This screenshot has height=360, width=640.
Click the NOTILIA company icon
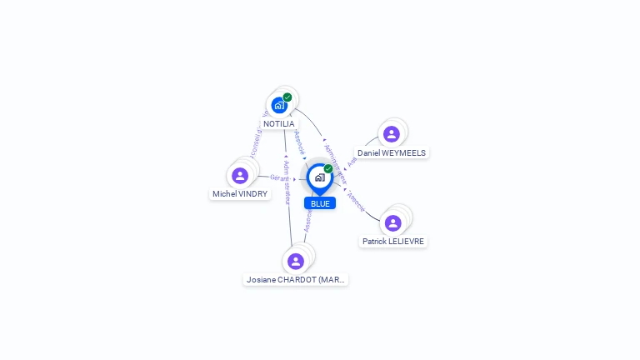(279, 105)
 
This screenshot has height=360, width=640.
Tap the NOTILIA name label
(278, 123)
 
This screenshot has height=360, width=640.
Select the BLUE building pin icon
(319, 177)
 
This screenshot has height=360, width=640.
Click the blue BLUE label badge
(320, 203)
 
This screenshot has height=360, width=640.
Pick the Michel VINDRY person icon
(240, 176)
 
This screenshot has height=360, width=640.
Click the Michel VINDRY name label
(240, 194)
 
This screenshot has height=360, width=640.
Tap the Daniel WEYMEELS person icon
(391, 134)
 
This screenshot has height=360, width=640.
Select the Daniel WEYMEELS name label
(392, 153)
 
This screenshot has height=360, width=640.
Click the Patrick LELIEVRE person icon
(392, 222)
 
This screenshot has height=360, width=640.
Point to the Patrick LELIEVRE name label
(392, 242)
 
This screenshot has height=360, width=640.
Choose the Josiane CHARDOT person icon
(295, 261)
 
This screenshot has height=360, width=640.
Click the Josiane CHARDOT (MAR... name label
(296, 280)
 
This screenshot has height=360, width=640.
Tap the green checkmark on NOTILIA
(287, 97)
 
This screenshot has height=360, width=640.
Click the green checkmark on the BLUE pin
(328, 169)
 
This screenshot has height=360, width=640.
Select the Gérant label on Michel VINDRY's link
(279, 177)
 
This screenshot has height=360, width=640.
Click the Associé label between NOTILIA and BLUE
(300, 142)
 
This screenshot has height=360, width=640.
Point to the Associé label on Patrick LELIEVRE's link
(356, 201)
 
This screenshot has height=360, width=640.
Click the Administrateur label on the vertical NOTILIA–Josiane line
(286, 182)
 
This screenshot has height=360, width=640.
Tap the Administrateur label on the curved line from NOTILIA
(334, 159)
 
